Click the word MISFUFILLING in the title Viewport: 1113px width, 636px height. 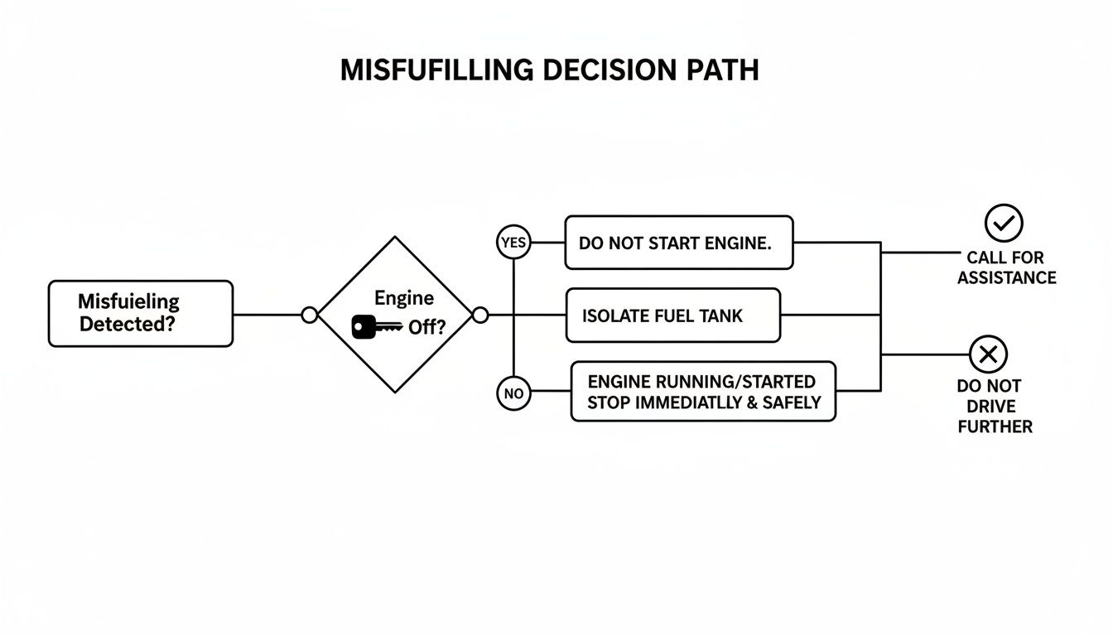pyautogui.click(x=437, y=70)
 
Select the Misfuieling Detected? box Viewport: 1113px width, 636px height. pyautogui.click(x=141, y=313)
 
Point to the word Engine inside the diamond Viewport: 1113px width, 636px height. pyautogui.click(x=403, y=298)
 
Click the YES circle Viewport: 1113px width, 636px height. pyautogui.click(x=513, y=243)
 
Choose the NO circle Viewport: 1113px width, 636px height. pyautogui.click(x=513, y=393)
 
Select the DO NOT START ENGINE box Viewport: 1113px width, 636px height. pyautogui.click(x=679, y=243)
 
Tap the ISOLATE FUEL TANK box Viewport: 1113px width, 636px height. pyautogui.click(x=672, y=315)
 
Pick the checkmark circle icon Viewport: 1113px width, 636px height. pyautogui.click(x=1004, y=223)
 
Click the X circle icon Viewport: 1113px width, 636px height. pyautogui.click(x=988, y=354)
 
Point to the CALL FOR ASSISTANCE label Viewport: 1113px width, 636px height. pyautogui.click(x=1006, y=267)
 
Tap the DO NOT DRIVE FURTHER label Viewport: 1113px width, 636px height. pyautogui.click(x=994, y=406)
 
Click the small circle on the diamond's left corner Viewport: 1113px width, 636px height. pyautogui.click(x=310, y=315)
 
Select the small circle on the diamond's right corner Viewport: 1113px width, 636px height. pyautogui.click(x=479, y=315)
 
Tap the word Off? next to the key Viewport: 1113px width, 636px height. pyautogui.click(x=426, y=327)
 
